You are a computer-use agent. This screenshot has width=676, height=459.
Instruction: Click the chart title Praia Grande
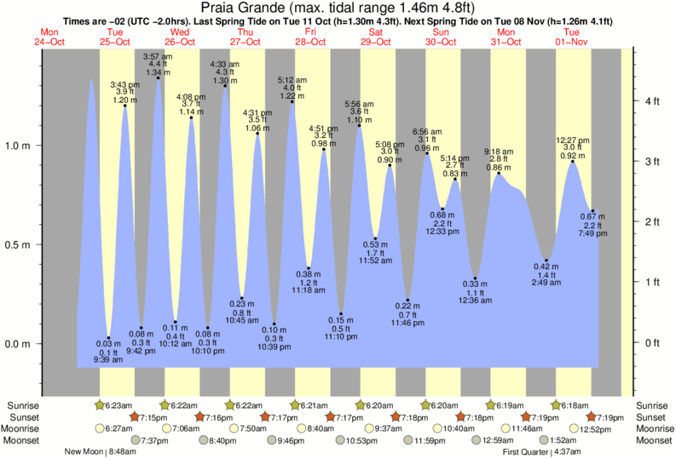click(x=337, y=9)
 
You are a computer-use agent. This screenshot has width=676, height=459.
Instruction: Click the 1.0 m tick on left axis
click(x=19, y=146)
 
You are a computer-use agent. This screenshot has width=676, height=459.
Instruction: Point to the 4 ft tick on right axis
click(x=653, y=101)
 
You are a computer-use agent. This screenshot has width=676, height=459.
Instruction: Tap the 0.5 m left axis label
click(x=19, y=245)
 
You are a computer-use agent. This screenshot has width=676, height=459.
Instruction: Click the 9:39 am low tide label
click(x=108, y=359)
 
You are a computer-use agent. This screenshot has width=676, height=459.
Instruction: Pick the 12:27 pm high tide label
click(x=572, y=140)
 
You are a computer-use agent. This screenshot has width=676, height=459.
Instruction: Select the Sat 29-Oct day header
click(x=375, y=37)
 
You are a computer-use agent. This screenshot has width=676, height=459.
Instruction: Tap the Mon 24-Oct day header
click(x=49, y=37)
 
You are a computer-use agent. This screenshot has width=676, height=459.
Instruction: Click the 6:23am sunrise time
click(x=122, y=404)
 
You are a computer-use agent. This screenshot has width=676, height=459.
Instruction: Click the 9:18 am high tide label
click(x=499, y=151)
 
